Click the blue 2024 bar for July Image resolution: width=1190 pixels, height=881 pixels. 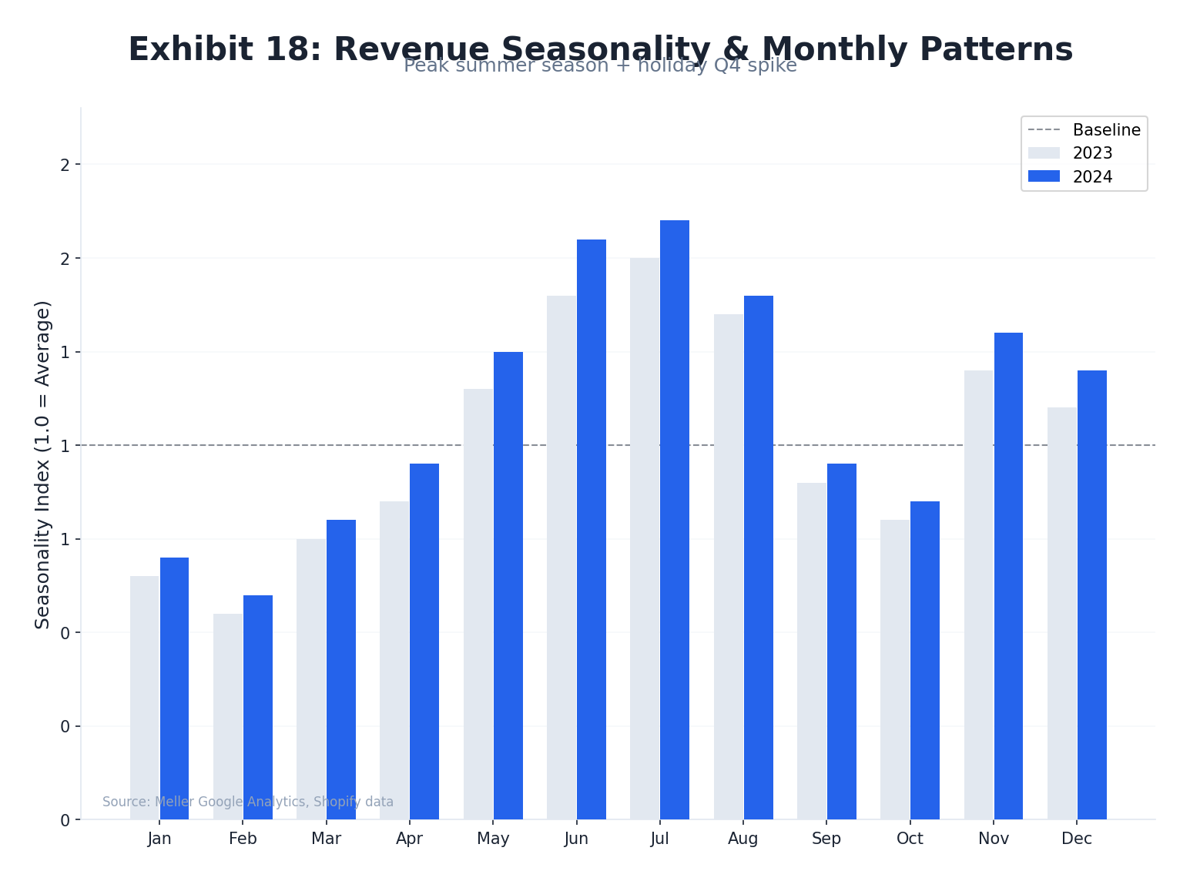pos(675,520)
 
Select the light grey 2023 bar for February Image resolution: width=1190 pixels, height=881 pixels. pos(228,716)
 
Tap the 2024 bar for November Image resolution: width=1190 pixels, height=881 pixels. pos(1008,576)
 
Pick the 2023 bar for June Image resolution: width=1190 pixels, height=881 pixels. pos(561,558)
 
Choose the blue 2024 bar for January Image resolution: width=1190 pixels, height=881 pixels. pos(174,688)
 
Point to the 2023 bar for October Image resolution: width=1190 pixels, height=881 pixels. pos(895,669)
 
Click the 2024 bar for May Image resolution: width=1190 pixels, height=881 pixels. pos(508,585)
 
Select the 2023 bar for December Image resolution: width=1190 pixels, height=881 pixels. pos(1062,613)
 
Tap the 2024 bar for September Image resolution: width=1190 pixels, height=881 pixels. pos(842,641)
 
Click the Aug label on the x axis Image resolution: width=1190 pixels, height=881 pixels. pos(743,839)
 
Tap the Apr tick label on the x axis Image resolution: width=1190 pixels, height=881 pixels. pos(409,839)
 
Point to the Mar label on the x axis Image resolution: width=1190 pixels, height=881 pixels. pos(326,839)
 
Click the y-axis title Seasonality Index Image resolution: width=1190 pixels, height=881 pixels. pos(42,464)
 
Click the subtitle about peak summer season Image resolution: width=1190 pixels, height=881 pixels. pos(600,66)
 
